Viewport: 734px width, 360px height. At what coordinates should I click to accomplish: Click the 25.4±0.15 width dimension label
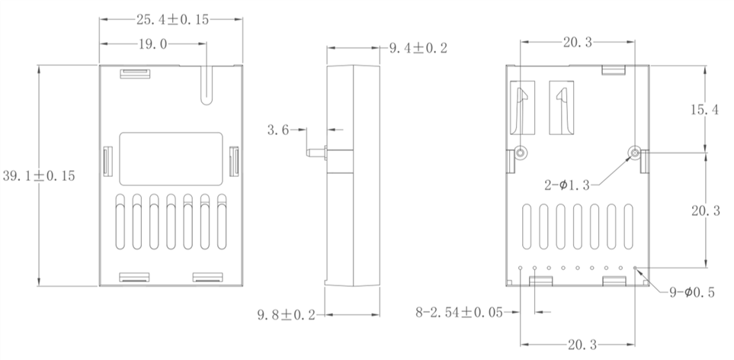click(172, 20)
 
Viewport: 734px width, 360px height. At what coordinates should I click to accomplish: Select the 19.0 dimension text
click(152, 44)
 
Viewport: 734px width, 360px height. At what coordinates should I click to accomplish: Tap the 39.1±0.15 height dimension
click(38, 175)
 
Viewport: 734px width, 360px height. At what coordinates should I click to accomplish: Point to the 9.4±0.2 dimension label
click(418, 49)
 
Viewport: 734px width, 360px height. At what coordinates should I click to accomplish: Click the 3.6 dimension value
click(277, 130)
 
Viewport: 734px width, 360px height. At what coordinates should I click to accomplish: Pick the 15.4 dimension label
click(704, 110)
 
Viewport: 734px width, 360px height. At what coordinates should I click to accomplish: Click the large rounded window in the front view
click(171, 159)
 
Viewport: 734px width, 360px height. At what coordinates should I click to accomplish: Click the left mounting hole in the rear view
click(521, 153)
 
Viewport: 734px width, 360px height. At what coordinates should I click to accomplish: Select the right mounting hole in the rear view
click(634, 153)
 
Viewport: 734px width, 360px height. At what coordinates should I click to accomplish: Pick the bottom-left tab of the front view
click(133, 277)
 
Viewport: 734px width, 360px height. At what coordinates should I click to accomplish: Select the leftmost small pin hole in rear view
click(520, 268)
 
